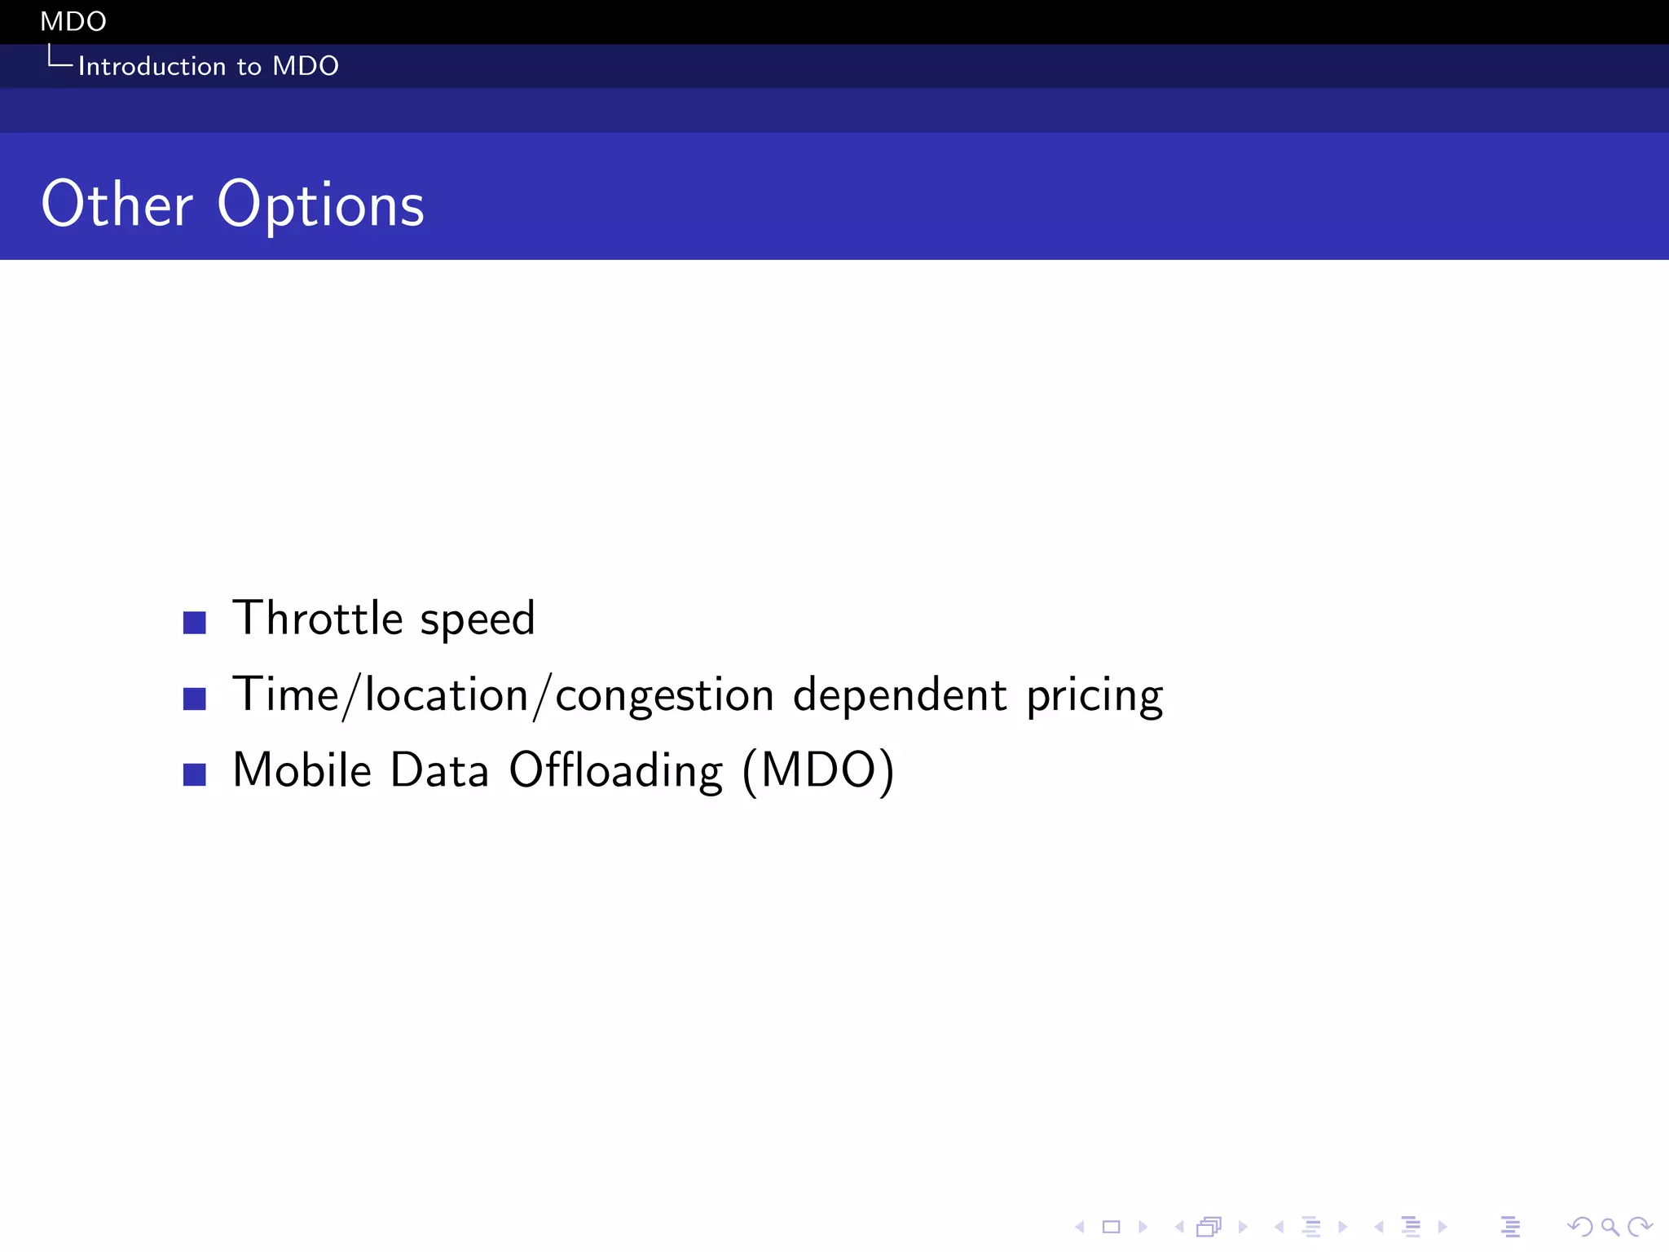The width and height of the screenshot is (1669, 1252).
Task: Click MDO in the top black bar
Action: coord(73,21)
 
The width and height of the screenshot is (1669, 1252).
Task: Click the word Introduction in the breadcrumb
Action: coord(152,66)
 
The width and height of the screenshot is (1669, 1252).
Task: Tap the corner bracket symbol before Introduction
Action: coord(59,58)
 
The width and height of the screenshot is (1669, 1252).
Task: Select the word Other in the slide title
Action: coord(117,205)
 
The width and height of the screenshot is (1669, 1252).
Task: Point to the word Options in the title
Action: coord(320,205)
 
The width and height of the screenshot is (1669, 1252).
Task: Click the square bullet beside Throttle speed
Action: coord(195,623)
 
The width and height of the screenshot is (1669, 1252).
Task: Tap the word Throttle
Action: coord(318,618)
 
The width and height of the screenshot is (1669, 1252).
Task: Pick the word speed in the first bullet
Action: coord(478,619)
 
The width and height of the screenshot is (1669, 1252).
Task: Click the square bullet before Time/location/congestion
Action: coord(195,699)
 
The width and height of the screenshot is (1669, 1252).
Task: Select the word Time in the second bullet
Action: coord(285,695)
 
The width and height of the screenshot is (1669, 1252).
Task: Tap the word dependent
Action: coord(900,695)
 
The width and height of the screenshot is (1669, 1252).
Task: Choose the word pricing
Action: coord(1094,697)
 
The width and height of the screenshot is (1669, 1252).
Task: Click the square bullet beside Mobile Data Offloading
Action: coord(195,774)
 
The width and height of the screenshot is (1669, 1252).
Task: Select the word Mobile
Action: coord(302,770)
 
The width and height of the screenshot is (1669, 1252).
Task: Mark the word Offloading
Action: coord(616,771)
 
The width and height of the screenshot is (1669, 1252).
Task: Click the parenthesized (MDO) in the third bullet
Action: coord(818,771)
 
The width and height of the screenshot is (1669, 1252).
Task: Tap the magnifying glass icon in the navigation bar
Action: coord(1609,1227)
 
